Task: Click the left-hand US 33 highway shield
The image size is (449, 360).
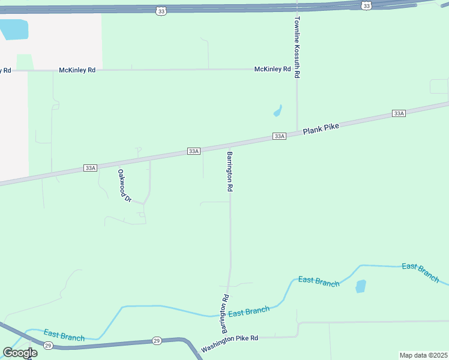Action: click(x=160, y=11)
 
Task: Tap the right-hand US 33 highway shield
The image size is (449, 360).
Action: click(x=366, y=5)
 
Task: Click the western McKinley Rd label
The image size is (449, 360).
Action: click(x=77, y=70)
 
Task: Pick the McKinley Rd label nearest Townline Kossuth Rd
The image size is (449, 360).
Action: click(x=273, y=69)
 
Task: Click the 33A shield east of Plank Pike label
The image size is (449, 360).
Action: click(x=399, y=113)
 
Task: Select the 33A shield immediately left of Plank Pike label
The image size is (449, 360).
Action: click(x=279, y=136)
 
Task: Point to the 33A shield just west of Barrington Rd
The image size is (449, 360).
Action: click(x=193, y=151)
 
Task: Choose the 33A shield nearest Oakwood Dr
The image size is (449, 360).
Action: click(x=90, y=168)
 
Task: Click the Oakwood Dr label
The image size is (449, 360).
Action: click(x=124, y=185)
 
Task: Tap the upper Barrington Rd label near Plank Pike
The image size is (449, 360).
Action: click(x=230, y=171)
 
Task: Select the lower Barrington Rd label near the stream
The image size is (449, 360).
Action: click(x=224, y=313)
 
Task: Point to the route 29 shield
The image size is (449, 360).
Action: click(x=156, y=341)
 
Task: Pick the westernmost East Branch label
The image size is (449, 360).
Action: click(x=64, y=337)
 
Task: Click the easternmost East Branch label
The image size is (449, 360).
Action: click(x=420, y=272)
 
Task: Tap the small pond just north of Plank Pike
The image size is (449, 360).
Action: click(x=277, y=111)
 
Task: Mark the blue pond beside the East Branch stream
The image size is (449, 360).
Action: click(x=360, y=286)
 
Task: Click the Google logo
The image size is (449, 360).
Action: click(x=20, y=353)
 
